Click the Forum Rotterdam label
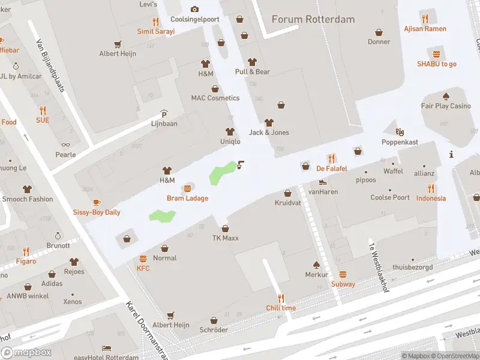(x=313, y=19)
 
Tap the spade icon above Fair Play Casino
(x=446, y=96)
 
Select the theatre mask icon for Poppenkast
(x=400, y=131)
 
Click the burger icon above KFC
(x=143, y=259)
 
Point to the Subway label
(x=343, y=284)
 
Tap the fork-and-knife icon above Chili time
(x=281, y=298)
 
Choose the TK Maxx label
(x=225, y=238)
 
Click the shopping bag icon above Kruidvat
(x=287, y=193)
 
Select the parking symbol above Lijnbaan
(x=164, y=114)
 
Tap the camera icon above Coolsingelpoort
(x=194, y=9)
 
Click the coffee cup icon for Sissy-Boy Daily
(x=97, y=202)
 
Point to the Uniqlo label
(x=230, y=142)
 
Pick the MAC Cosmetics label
(x=215, y=98)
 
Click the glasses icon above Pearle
(x=65, y=145)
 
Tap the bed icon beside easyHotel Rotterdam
(x=106, y=348)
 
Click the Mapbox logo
(x=26, y=353)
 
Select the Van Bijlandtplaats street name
(x=50, y=65)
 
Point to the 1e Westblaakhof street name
(x=377, y=265)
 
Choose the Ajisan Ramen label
(x=425, y=29)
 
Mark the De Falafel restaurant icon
(x=332, y=158)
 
